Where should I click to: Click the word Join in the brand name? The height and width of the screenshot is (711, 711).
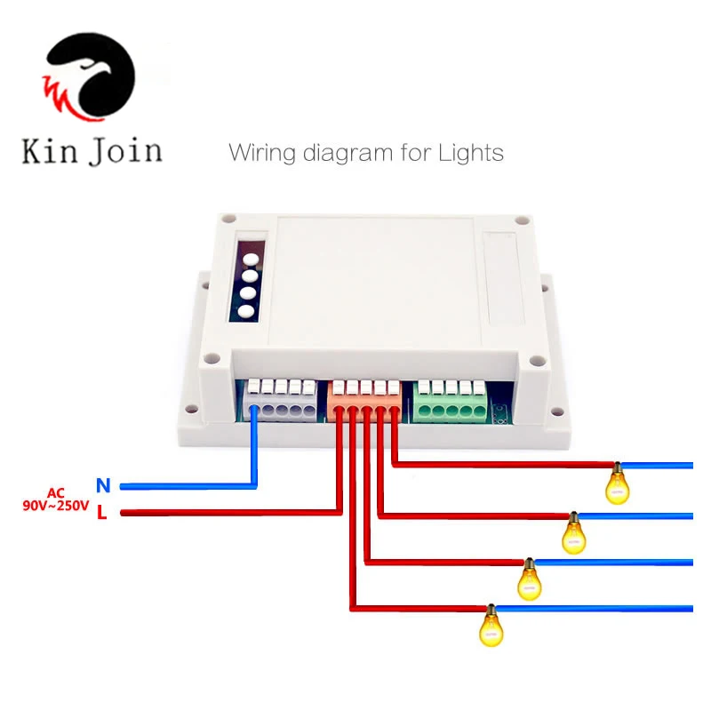[x=124, y=150]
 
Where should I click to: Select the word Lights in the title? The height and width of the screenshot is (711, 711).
[x=470, y=152]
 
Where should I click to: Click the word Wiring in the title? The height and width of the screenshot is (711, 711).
[x=263, y=153]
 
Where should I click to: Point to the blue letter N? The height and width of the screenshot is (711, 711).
[x=103, y=485]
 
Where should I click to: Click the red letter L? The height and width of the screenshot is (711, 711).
[x=102, y=513]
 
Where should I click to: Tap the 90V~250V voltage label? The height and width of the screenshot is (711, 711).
[x=56, y=506]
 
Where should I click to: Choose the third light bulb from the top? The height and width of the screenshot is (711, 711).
[x=531, y=579]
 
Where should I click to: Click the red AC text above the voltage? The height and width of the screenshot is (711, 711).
[x=56, y=492]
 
